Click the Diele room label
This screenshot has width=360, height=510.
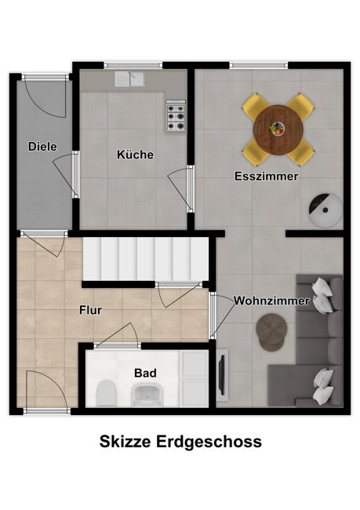click(42, 147)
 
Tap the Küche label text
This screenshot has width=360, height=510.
click(135, 155)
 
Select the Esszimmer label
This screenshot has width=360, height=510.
click(267, 177)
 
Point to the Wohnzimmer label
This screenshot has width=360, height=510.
click(271, 301)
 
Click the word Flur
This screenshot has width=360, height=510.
click(91, 310)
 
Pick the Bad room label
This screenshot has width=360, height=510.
click(145, 373)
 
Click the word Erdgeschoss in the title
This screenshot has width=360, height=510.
click(209, 442)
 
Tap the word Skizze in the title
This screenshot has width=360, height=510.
click(125, 442)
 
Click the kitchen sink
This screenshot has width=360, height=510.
click(129, 79)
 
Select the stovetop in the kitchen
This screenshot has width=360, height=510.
click(176, 116)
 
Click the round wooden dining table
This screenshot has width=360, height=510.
click(278, 129)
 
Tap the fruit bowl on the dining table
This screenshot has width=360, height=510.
click(278, 128)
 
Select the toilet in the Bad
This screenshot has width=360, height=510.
click(107, 393)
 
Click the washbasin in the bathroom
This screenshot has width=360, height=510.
click(147, 395)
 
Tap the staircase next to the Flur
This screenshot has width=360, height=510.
click(146, 259)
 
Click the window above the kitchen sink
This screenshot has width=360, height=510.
click(133, 65)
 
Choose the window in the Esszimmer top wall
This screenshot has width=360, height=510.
click(259, 65)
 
